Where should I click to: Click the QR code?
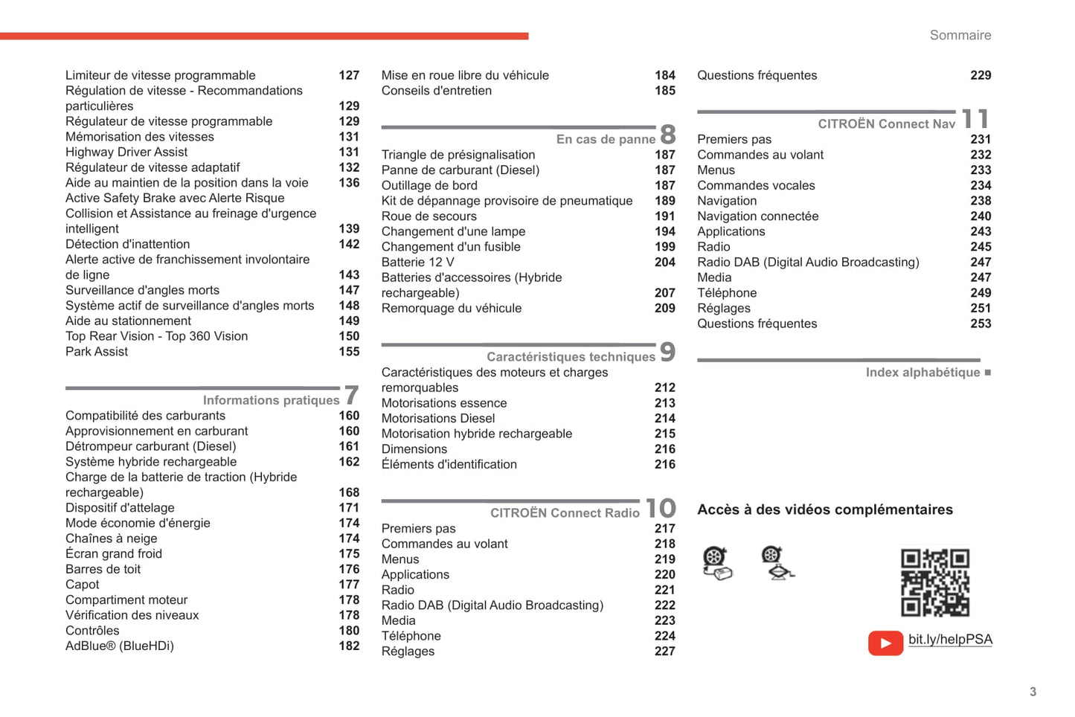(x=934, y=583)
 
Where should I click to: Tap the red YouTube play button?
(x=885, y=643)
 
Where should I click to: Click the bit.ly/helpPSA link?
(x=950, y=640)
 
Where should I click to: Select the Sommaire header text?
(x=960, y=36)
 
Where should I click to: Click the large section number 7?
(x=352, y=395)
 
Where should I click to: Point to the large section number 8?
(x=667, y=135)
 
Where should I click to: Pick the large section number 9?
(x=667, y=352)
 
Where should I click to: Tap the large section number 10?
(x=661, y=508)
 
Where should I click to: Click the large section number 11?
(x=975, y=119)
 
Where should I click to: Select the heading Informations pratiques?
(x=271, y=400)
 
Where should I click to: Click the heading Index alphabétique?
(x=922, y=373)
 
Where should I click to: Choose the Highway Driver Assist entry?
(x=126, y=152)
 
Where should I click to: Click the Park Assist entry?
(x=97, y=351)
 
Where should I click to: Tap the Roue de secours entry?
(x=429, y=216)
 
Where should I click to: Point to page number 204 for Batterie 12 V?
(x=664, y=262)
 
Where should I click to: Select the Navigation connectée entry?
(x=757, y=216)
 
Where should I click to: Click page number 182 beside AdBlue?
(x=349, y=646)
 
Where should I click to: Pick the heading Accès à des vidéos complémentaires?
(x=824, y=509)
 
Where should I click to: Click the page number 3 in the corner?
(x=1033, y=692)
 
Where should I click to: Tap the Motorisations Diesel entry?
(x=438, y=418)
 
